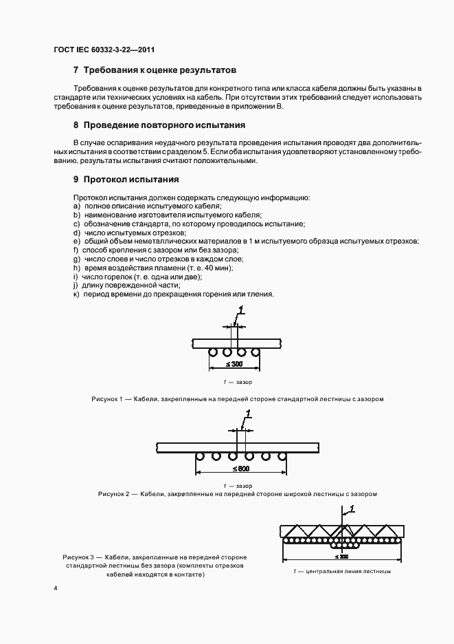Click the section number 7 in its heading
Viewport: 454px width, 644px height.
[76, 70]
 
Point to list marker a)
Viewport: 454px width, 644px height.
[76, 206]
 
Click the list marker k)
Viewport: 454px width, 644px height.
[76, 294]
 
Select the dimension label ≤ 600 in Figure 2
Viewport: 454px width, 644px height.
[240, 469]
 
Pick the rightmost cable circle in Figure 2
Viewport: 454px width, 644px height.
[282, 455]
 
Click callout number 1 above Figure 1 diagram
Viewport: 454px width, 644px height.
[240, 312]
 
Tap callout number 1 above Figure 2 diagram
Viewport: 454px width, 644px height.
[249, 414]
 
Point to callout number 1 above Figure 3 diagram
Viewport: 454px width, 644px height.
[351, 509]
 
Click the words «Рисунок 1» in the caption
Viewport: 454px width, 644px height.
[106, 399]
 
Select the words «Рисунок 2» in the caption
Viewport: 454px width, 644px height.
[114, 494]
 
